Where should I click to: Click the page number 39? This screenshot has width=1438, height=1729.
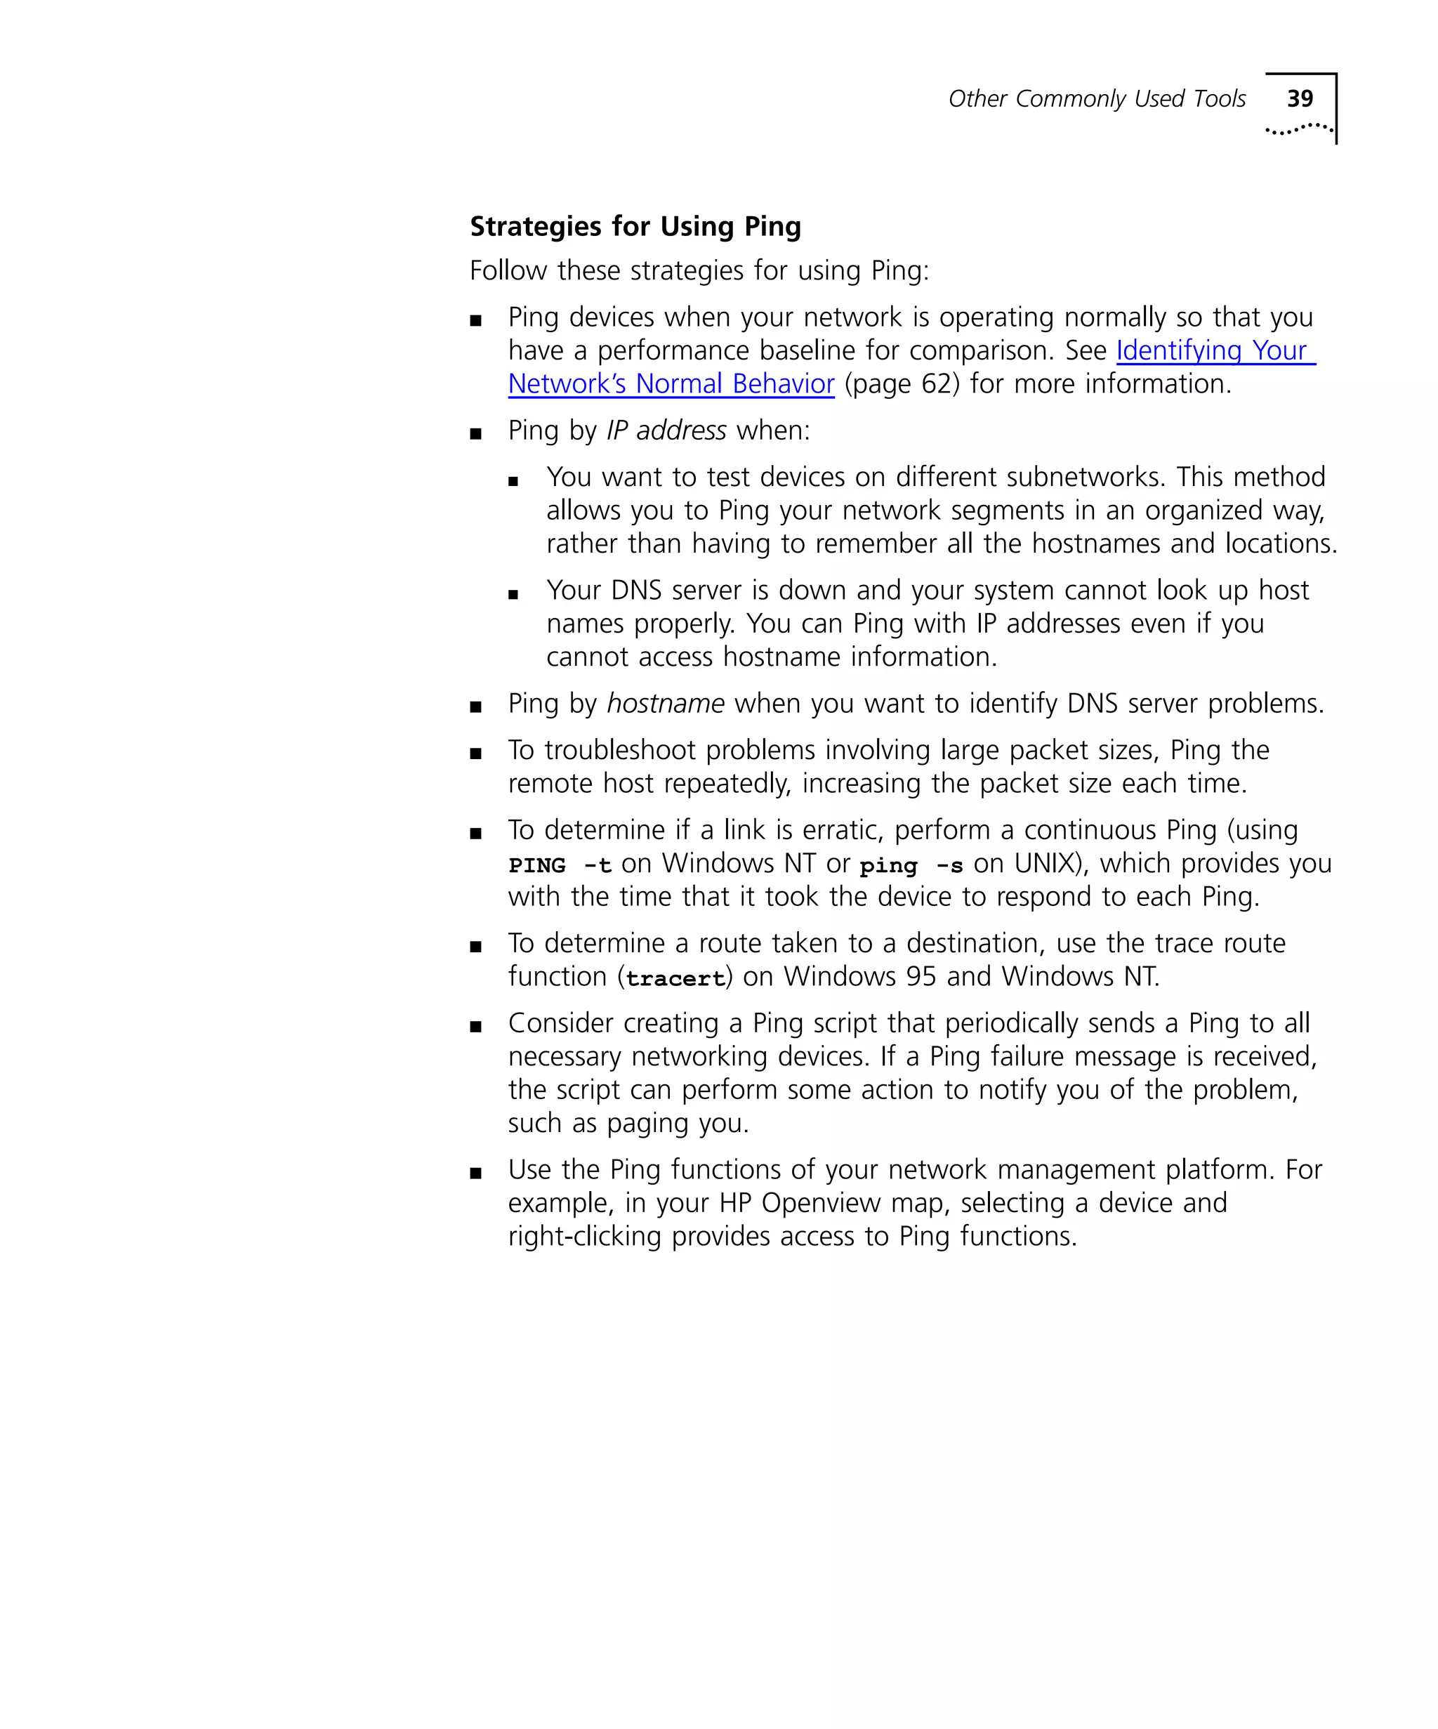tap(1299, 99)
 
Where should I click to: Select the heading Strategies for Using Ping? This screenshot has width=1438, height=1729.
tap(635, 226)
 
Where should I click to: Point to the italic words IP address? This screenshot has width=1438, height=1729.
tap(666, 430)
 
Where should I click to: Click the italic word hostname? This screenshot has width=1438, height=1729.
tap(665, 704)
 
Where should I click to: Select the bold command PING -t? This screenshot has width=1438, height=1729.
tap(560, 865)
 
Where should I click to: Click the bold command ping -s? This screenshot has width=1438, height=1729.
tap(911, 865)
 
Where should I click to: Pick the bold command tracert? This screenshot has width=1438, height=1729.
tap(675, 978)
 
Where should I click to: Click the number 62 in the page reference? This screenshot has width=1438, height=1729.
tap(936, 385)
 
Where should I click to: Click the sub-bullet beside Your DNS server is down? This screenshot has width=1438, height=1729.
tap(513, 593)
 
